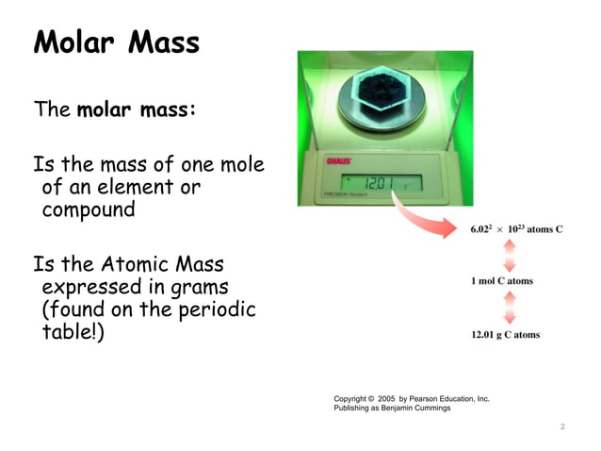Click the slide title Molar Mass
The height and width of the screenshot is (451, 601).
pos(117,42)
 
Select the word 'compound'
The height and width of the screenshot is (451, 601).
pos(89,209)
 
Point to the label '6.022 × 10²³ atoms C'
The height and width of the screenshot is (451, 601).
pos(516,229)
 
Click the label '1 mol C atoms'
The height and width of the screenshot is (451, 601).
pos(502,280)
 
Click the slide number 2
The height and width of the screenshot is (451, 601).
pos(561,427)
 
